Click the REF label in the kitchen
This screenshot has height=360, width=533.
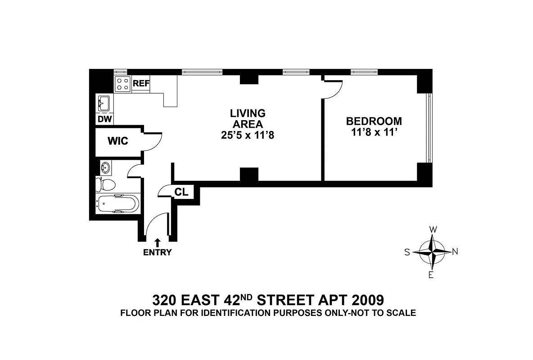[141, 83]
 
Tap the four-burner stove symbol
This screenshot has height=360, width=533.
[122, 84]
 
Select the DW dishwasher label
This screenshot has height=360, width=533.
[104, 119]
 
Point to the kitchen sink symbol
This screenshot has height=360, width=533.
[104, 103]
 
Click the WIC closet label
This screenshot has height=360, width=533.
[117, 141]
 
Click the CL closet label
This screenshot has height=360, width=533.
[181, 192]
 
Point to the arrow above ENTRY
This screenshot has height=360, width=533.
[157, 243]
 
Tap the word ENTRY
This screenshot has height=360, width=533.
[157, 252]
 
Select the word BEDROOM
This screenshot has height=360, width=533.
[374, 121]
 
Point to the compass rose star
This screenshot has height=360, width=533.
[432, 252]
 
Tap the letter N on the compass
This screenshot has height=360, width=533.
[455, 252]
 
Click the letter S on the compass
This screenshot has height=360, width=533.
[407, 252]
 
